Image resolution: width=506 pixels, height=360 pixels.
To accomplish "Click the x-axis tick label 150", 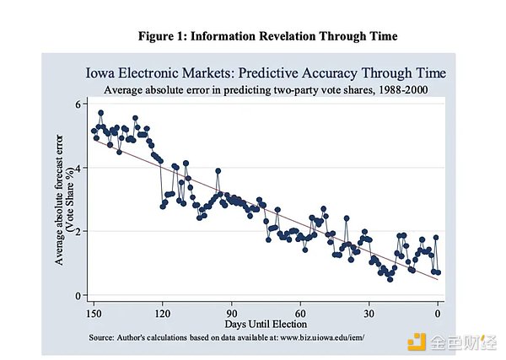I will pyautogui.click(x=94, y=312).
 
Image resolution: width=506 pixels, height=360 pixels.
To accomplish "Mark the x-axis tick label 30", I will pyautogui.click(x=369, y=312).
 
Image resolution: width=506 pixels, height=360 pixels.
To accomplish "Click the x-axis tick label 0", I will pyautogui.click(x=438, y=312).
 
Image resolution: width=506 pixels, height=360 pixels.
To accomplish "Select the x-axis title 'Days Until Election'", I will pyautogui.click(x=266, y=324).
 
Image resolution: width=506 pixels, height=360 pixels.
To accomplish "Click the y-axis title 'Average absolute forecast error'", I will pyautogui.click(x=60, y=199).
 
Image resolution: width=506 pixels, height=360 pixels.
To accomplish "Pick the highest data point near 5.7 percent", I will pyautogui.click(x=100, y=112).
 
